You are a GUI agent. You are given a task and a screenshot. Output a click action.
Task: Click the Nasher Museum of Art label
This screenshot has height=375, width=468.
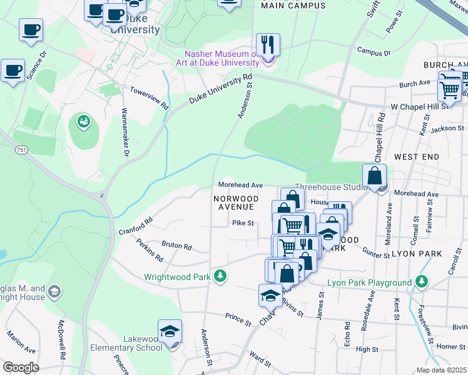(221, 58)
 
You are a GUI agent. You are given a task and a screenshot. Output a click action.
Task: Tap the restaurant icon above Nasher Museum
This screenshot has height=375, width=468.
(268, 44)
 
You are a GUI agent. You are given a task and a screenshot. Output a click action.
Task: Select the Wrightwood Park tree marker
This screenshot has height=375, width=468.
(220, 276)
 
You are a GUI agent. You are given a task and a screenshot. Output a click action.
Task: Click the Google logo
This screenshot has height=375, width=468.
(21, 367)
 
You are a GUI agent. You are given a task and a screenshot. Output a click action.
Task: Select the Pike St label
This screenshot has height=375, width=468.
(243, 222)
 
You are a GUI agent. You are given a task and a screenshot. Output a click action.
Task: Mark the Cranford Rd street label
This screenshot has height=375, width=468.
(136, 226)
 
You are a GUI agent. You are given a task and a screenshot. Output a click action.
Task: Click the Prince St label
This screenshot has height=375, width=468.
(238, 319)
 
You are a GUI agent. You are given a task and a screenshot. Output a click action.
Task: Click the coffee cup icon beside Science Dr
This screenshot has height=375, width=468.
(13, 70)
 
